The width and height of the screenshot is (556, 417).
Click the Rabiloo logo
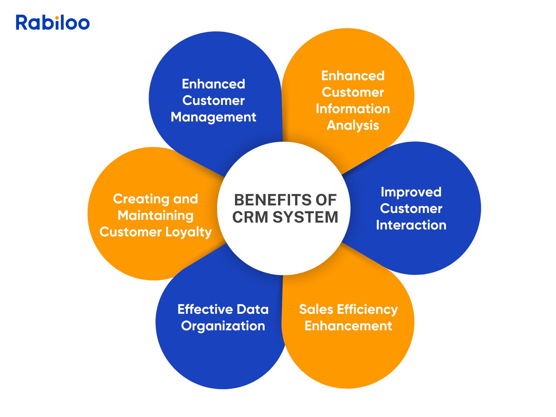pyautogui.click(x=53, y=23)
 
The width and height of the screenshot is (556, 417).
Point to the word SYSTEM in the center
pyautogui.click(x=306, y=217)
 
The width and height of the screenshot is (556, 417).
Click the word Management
pyautogui.click(x=213, y=117)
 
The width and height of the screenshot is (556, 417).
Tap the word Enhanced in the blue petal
pyautogui.click(x=213, y=84)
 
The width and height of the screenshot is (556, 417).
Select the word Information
pyautogui.click(x=353, y=109)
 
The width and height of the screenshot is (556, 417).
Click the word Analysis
pyautogui.click(x=353, y=125)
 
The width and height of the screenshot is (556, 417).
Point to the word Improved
pyautogui.click(x=411, y=192)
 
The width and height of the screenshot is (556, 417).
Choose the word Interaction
pyautogui.click(x=411, y=225)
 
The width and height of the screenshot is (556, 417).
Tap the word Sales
pyautogui.click(x=316, y=309)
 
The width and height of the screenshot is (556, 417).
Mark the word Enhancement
pyautogui.click(x=348, y=326)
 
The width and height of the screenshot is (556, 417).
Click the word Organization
pyautogui.click(x=223, y=326)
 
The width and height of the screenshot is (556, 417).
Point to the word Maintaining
pyautogui.click(x=156, y=215)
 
